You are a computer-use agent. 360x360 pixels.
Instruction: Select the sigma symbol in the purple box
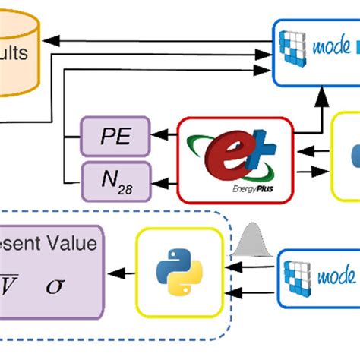click(55, 286)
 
